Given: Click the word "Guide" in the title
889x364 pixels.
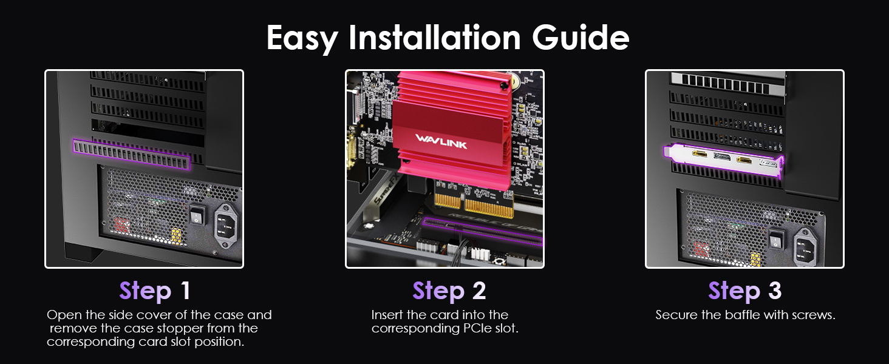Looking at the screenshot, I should tap(581, 38).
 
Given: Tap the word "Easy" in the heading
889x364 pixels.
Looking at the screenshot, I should tap(302, 38).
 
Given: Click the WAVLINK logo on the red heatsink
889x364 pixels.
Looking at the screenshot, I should tap(442, 138).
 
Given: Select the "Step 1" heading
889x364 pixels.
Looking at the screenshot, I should tap(155, 291).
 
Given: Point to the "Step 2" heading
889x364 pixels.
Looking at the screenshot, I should tap(449, 291).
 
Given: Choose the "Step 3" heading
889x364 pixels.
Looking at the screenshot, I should tap(744, 291).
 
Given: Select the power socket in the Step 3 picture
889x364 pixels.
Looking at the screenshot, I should tap(806, 246).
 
